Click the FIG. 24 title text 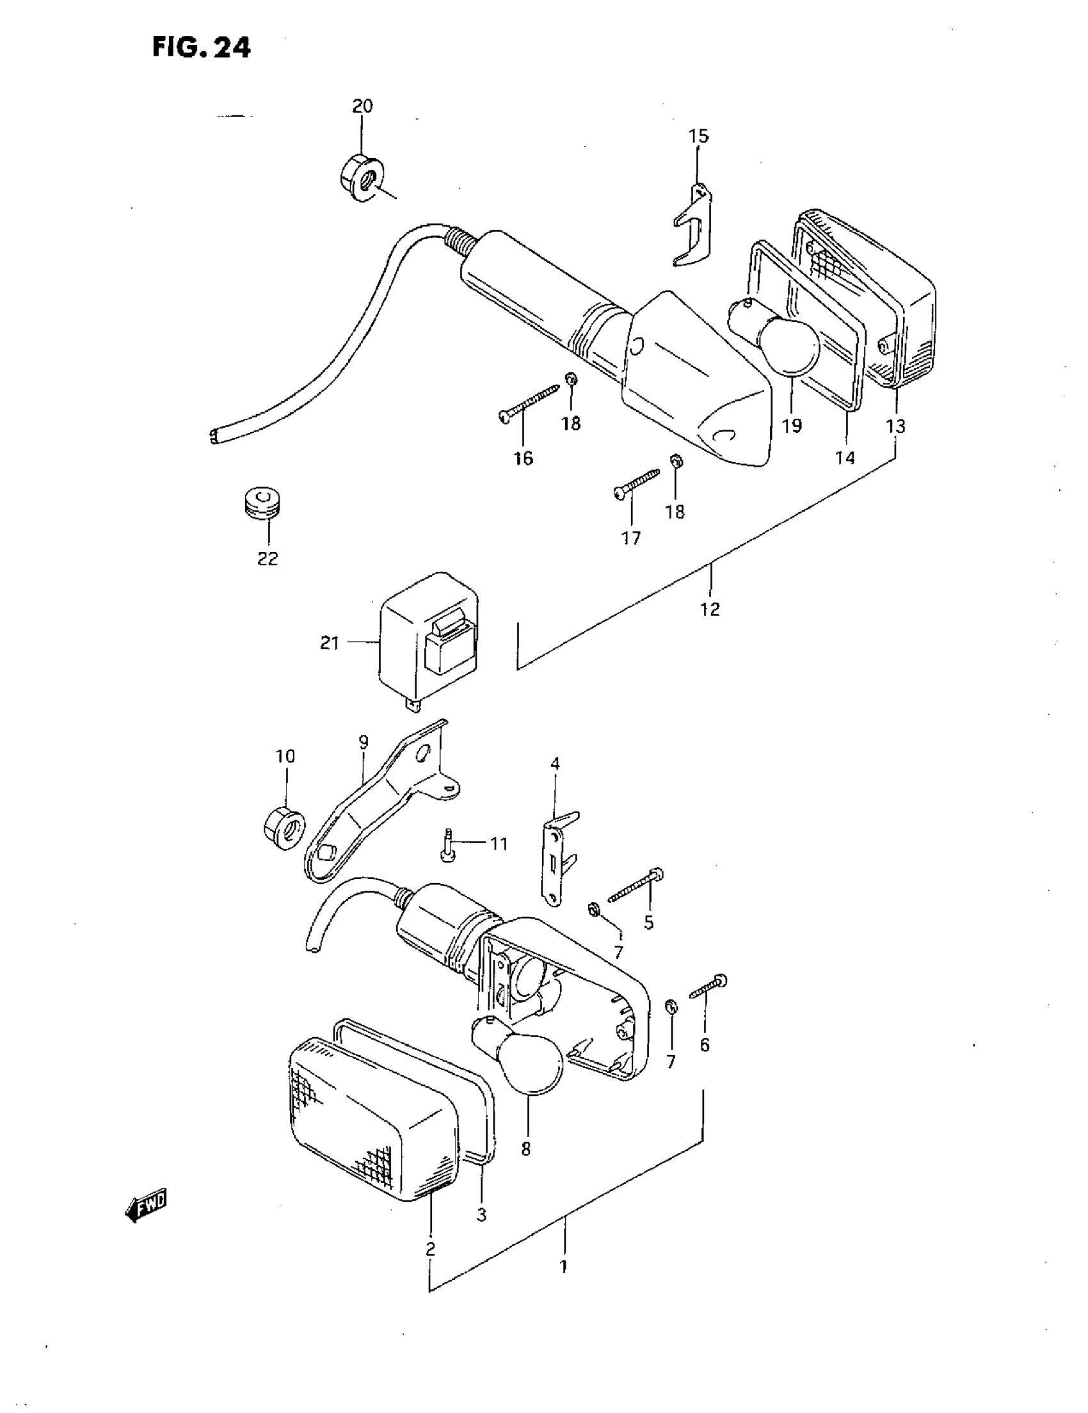[x=201, y=47]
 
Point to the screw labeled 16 [x=530, y=403]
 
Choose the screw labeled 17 [x=636, y=484]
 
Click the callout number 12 [x=710, y=609]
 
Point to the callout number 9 [x=363, y=742]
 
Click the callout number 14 [x=844, y=457]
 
